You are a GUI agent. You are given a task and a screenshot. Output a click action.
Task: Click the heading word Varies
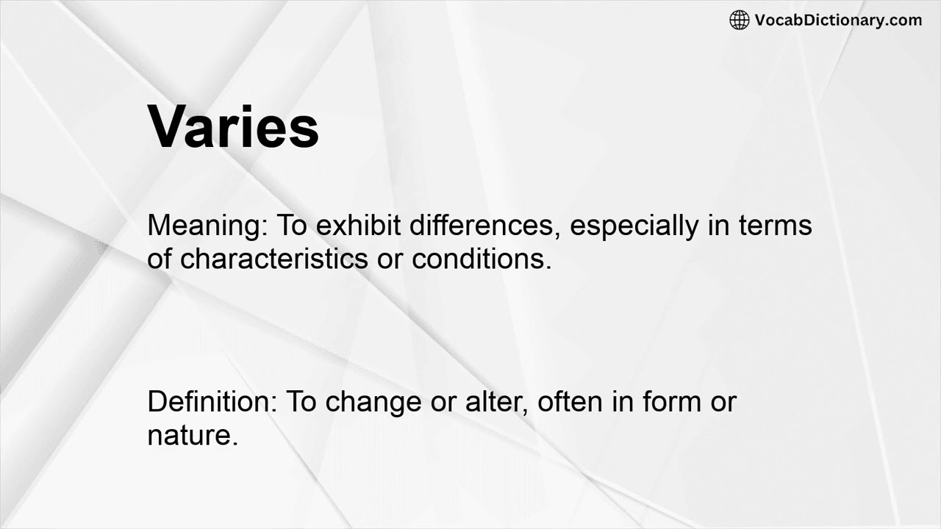233,128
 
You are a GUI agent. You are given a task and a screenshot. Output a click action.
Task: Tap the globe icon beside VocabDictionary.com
739,20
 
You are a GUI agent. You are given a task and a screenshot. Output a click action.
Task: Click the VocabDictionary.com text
838,20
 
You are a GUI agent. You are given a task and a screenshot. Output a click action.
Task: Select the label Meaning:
208,226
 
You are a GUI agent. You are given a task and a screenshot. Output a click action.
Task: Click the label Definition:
212,402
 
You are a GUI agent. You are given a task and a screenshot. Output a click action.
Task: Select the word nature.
193,436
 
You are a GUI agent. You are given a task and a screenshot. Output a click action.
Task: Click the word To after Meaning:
293,226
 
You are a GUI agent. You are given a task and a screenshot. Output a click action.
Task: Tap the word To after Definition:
301,402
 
